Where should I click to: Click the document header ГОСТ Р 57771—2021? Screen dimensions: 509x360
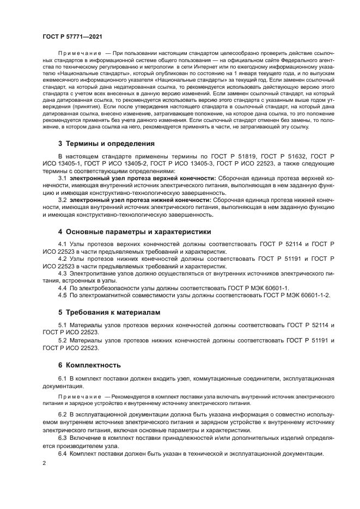pos(71,35)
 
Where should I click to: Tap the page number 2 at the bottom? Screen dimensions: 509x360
pos(44,463)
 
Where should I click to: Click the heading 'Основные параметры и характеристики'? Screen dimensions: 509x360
pos(135,231)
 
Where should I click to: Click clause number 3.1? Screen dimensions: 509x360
pos(62,178)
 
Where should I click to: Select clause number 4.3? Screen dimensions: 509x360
pos(62,273)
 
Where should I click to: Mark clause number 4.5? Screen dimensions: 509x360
pos(62,295)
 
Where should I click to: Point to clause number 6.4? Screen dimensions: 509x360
pos(62,453)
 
